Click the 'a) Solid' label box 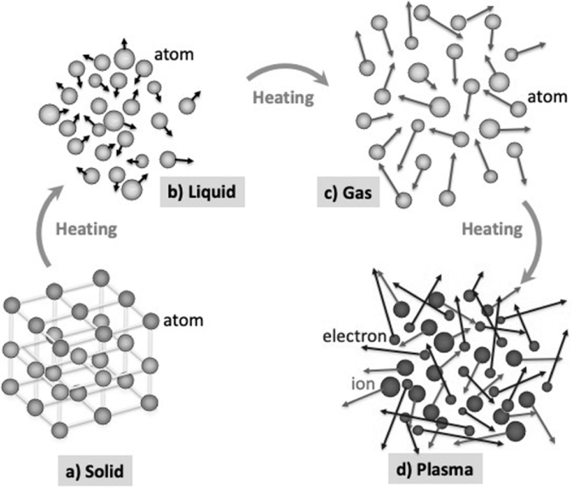[x=93, y=470]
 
